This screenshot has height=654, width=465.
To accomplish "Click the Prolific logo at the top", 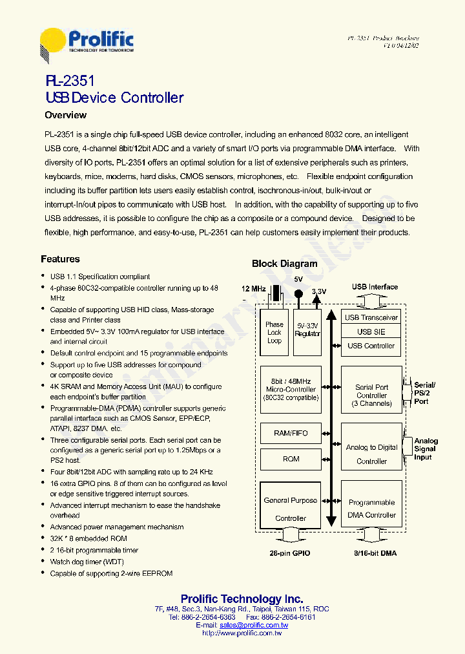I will (87, 45).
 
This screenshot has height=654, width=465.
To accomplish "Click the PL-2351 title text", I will (70, 81).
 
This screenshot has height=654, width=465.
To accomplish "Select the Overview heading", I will (65, 115).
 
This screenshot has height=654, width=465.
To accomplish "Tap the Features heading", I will (60, 259).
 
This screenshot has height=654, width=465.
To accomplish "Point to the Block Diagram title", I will (284, 264).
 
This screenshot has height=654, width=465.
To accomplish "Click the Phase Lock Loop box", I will (274, 332).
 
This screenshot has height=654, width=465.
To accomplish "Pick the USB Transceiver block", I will (371, 317).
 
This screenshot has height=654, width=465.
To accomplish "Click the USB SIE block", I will (371, 332).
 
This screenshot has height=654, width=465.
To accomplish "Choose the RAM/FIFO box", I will (291, 434).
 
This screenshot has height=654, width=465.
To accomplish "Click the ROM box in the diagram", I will (291, 459).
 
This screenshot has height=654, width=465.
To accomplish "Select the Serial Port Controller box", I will (371, 395).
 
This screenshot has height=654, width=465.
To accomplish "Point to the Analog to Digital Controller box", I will (371, 454).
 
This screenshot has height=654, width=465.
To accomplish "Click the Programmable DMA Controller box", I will (371, 509).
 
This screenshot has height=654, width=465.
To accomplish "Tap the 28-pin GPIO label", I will (290, 553).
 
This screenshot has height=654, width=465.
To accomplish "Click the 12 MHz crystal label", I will (254, 288).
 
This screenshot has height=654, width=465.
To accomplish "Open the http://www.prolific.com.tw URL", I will (242, 633).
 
